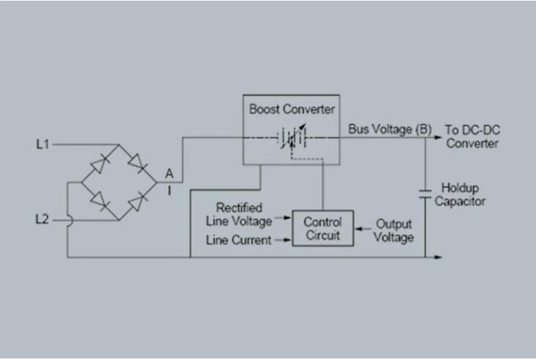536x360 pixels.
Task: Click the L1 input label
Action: pos(43,144)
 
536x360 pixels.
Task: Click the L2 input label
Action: pos(43,219)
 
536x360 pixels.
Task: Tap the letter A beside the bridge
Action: pos(169,174)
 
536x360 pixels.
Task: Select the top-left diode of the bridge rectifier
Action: pos(100,164)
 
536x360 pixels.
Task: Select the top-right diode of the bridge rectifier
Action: pos(138,163)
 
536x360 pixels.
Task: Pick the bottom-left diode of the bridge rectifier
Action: pos(100,201)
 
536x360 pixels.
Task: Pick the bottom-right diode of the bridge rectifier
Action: pos(138,202)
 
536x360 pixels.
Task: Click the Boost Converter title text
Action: pos(292,109)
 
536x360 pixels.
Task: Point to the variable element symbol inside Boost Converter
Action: pos(292,137)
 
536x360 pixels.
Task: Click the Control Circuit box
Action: pos(323,228)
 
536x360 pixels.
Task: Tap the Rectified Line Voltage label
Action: pos(239,215)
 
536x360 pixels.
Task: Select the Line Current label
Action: pos(238,240)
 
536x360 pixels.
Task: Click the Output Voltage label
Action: pos(394,231)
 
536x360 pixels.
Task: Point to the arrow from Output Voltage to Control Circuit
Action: pos(363,229)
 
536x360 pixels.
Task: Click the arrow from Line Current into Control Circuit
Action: pos(283,240)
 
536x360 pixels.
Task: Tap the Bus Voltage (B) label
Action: pos(389,129)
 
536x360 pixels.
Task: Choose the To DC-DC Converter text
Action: pos(472,136)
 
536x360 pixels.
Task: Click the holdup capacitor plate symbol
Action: pos(425,194)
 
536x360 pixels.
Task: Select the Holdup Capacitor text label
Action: pos(460,194)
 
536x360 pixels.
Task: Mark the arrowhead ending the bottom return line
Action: pos(438,257)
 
